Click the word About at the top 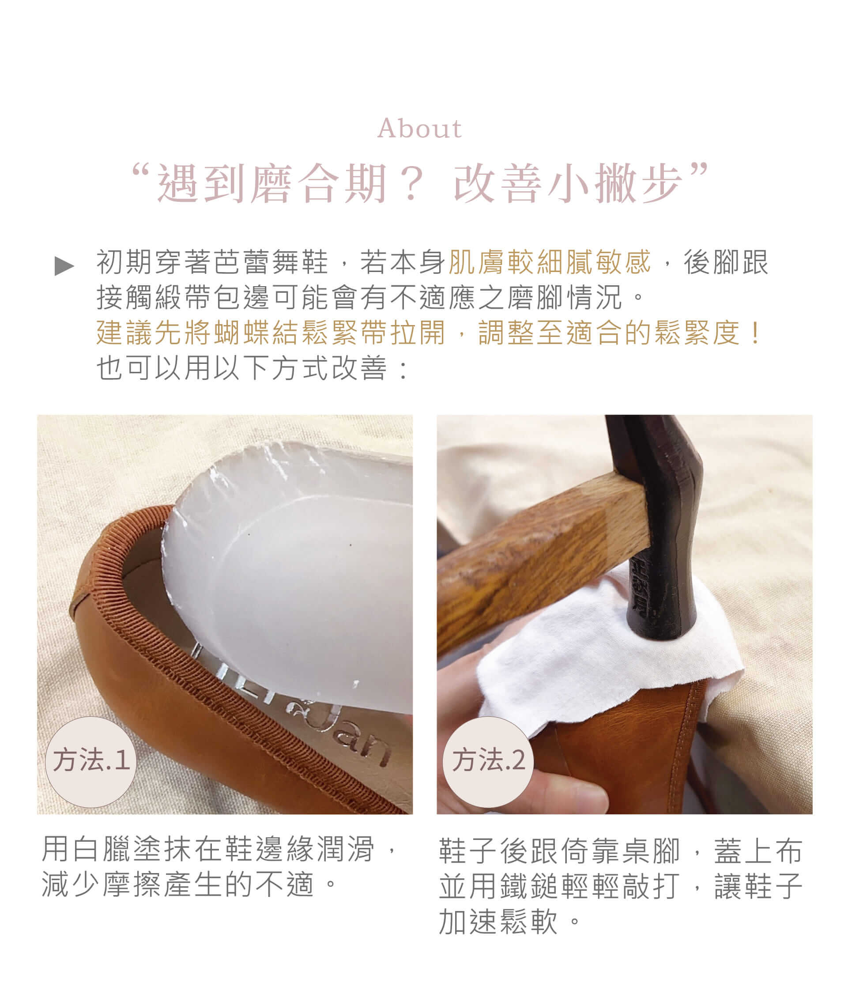(x=419, y=129)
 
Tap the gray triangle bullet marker (x=64, y=266)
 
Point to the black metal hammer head (x=659, y=524)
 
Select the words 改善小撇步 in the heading (x=567, y=184)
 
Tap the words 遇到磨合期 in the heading (x=272, y=184)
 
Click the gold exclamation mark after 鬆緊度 (x=755, y=333)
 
